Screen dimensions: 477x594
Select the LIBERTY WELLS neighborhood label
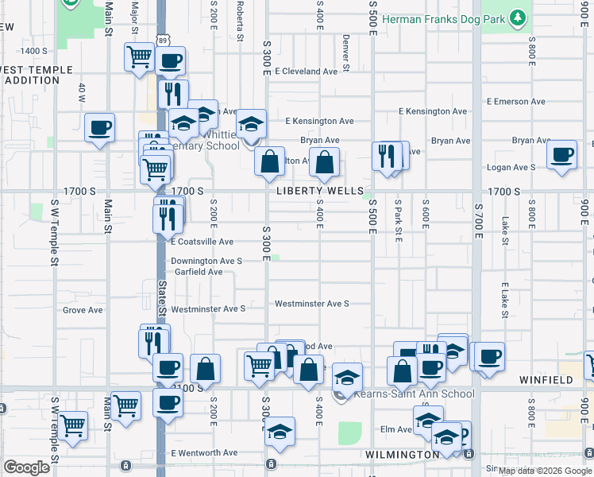tap(314, 192)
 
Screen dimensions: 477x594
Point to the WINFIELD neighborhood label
tap(546, 380)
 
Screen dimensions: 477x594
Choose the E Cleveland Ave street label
tap(307, 72)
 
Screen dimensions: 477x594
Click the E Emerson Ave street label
tap(516, 102)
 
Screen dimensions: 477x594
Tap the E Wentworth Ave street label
tap(204, 453)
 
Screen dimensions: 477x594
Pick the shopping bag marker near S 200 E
tap(205, 369)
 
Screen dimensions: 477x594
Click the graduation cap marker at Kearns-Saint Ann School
tap(346, 378)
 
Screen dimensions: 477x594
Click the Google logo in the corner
tap(25, 467)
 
